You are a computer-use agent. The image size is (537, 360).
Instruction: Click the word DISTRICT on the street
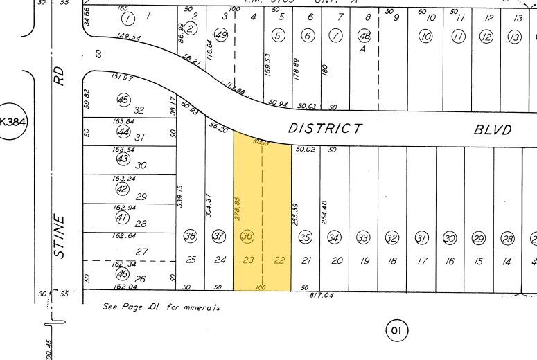(x=325, y=128)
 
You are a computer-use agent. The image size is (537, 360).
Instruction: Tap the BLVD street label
(x=493, y=129)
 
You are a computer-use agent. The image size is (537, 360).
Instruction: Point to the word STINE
(x=59, y=236)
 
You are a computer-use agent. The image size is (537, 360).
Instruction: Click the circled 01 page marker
(x=396, y=330)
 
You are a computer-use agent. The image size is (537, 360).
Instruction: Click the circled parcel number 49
(x=222, y=35)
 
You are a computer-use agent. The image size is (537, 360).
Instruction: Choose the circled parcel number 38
(x=190, y=237)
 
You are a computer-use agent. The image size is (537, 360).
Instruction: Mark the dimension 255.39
(x=296, y=215)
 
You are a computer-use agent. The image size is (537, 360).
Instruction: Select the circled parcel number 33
(x=363, y=238)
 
